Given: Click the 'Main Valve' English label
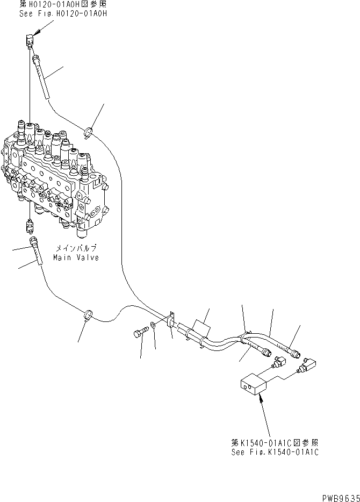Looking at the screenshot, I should click(76, 257).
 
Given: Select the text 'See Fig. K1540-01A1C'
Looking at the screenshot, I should click(275, 452).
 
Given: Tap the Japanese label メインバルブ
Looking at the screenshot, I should click(76, 249).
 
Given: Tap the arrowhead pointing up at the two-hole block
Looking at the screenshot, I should click(260, 397).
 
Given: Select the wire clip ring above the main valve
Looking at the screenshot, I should click(89, 130).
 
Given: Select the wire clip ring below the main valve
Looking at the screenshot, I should click(87, 314).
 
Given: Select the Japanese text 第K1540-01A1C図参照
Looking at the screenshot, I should click(275, 442).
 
